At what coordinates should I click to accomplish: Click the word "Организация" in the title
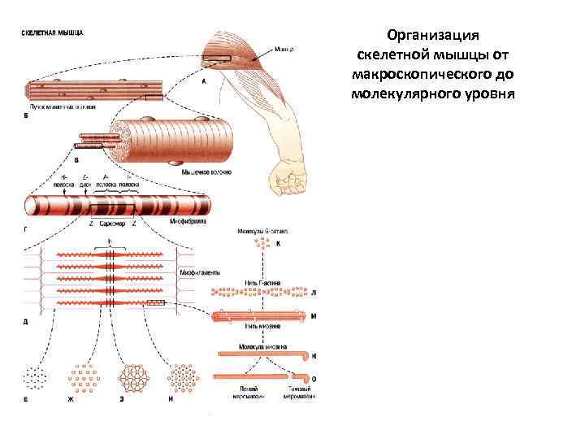click(x=433, y=36)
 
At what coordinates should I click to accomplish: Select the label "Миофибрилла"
click(x=188, y=220)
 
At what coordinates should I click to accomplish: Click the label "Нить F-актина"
click(x=262, y=282)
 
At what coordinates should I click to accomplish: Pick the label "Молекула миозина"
click(x=259, y=346)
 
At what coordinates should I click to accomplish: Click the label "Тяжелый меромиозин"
click(x=300, y=395)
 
